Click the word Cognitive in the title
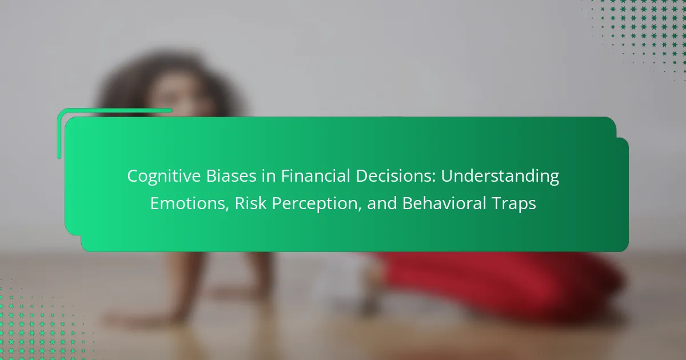point(164,177)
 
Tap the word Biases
point(231,176)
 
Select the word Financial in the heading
point(316,176)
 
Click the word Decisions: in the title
point(396,176)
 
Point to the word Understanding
point(500,177)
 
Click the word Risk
point(250,203)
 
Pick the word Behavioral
point(444,203)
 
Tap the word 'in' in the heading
point(269,176)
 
